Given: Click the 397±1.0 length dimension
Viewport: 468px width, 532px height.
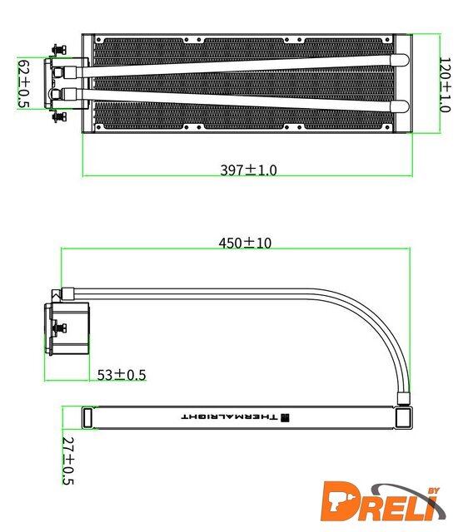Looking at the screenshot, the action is pyautogui.click(x=248, y=170).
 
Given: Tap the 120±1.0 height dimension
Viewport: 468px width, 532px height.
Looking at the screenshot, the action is pyautogui.click(x=445, y=85).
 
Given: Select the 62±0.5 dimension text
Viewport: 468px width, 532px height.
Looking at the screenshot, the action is pyautogui.click(x=23, y=84).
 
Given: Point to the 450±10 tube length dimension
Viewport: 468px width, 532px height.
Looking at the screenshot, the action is pyautogui.click(x=245, y=243).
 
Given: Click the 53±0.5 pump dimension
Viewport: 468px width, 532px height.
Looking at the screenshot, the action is pyautogui.click(x=122, y=375).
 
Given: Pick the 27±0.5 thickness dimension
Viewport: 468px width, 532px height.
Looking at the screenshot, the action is pyautogui.click(x=68, y=461).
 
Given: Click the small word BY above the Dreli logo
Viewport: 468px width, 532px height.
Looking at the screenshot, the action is pyautogui.click(x=434, y=490).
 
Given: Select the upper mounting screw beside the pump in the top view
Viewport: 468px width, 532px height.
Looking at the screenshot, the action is pyautogui.click(x=59, y=50).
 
